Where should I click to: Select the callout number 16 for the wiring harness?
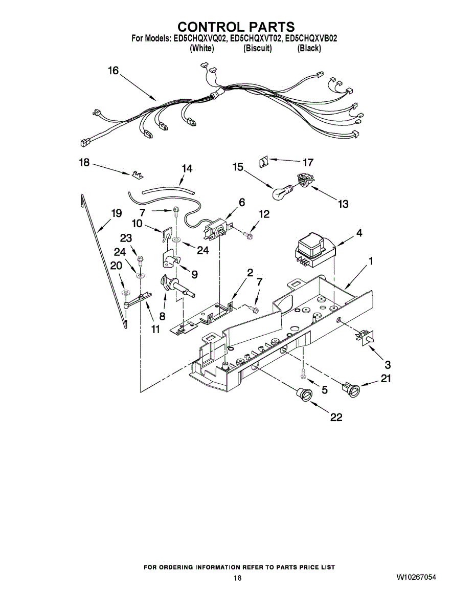(113, 71)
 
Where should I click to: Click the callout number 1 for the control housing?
(371, 261)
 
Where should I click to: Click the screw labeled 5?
(303, 374)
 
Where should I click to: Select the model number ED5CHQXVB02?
(310, 38)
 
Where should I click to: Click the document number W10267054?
(416, 578)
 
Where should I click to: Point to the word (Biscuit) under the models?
(257, 49)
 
